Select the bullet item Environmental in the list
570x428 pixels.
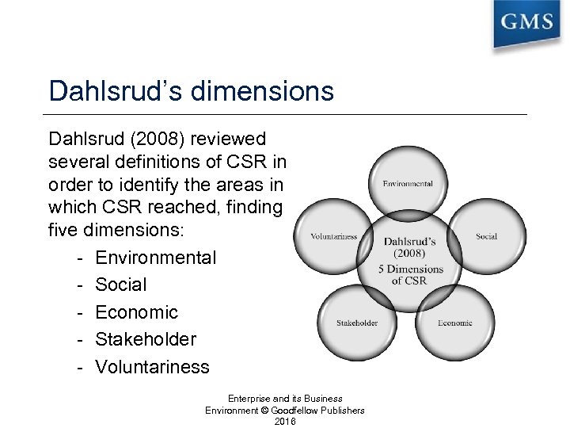155,258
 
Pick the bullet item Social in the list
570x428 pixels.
121,285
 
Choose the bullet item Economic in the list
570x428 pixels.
137,312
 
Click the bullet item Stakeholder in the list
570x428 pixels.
146,339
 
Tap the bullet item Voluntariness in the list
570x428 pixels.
153,367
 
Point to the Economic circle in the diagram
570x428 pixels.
454,323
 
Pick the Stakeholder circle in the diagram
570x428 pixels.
357,323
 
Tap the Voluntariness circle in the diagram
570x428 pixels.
333,236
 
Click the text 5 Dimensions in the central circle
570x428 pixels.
410,269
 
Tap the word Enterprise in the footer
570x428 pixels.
249,398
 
